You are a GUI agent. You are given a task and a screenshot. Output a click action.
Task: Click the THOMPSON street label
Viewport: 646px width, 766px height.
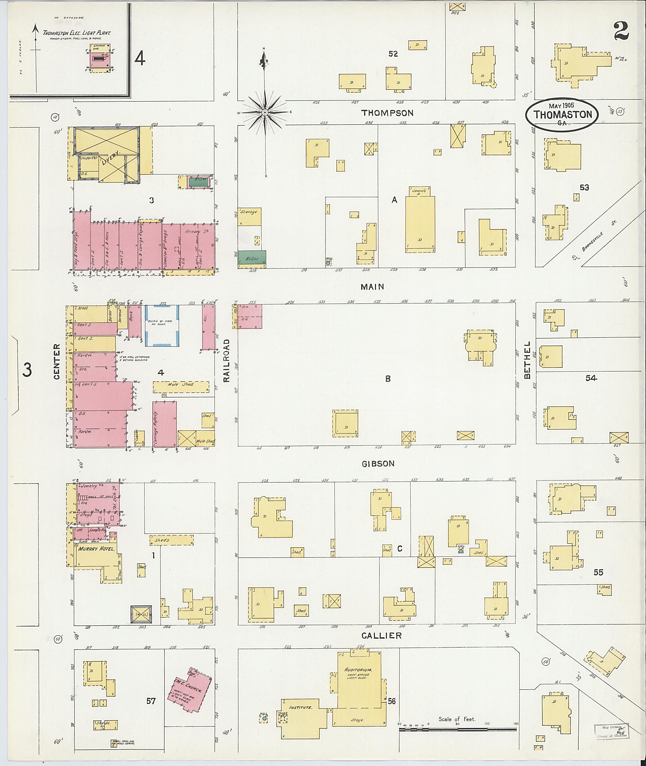point(387,113)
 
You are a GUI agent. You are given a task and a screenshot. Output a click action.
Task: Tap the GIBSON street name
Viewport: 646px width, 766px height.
point(378,464)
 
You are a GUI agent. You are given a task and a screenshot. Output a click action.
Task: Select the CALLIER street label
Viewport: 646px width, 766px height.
point(382,636)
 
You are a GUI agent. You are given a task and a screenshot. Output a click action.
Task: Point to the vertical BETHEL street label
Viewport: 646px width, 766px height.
point(527,360)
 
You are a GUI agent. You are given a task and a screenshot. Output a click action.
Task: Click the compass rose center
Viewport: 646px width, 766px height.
point(264,112)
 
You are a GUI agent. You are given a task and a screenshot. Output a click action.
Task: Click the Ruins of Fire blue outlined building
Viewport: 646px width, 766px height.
point(161,325)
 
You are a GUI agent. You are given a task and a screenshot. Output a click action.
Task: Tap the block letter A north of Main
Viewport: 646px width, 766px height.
point(394,200)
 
